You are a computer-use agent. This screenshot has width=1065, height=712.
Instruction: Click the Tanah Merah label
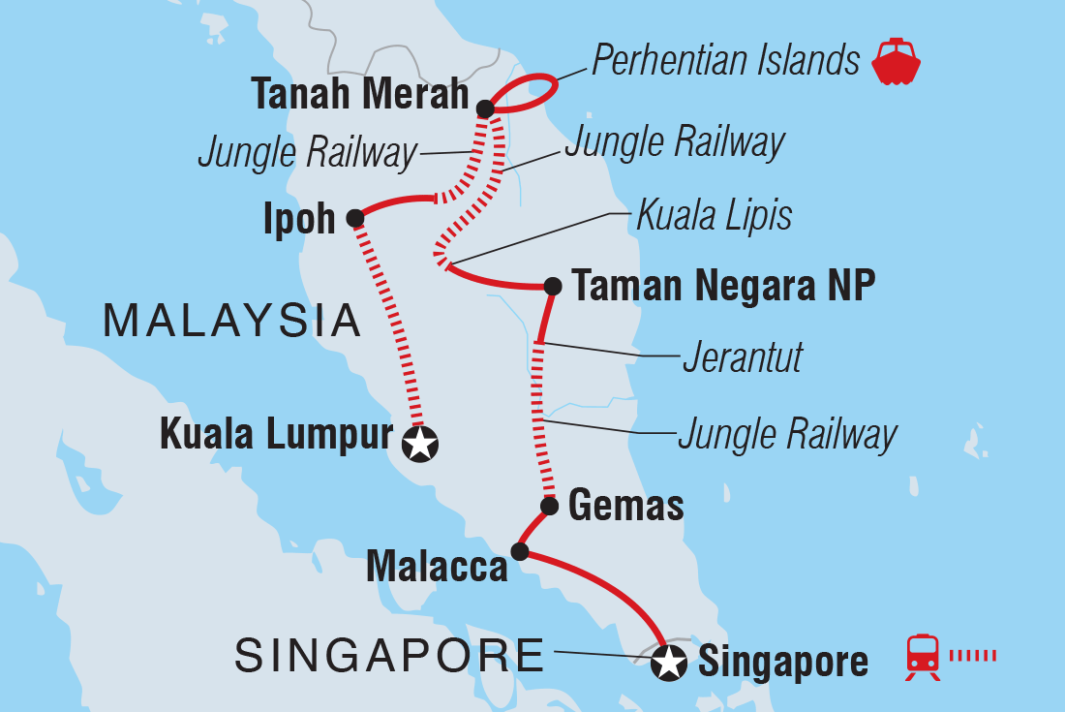coord(360,97)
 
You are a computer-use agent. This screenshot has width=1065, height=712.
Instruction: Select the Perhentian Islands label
coord(725,61)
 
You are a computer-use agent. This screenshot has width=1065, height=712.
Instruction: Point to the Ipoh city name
coord(298,220)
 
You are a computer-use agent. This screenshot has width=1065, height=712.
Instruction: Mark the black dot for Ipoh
coord(355,219)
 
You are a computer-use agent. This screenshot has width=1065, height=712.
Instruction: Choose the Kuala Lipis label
coord(714,216)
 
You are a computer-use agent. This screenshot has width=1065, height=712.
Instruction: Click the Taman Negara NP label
coord(723,286)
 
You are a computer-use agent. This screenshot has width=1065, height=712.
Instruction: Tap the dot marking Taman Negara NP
coord(553,286)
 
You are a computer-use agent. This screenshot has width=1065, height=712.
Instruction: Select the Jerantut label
coord(743,357)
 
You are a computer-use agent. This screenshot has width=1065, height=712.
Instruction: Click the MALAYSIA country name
coord(232,321)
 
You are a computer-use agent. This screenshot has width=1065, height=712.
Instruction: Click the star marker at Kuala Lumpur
coord(420,445)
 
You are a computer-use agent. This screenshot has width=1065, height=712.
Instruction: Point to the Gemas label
coord(626,506)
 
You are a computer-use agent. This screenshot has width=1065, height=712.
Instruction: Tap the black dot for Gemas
coord(549,506)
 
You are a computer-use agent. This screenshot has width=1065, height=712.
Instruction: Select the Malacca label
coord(437,567)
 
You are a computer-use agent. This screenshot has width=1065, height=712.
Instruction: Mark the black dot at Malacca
coord(519,552)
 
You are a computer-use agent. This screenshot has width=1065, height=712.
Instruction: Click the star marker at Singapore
coord(668,664)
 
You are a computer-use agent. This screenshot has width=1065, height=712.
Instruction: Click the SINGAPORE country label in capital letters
coord(390,657)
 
